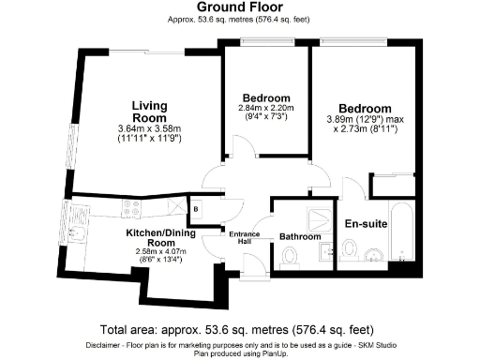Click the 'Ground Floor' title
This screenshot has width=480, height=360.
coord(239,7)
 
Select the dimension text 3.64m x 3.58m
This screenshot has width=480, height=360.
coord(148,128)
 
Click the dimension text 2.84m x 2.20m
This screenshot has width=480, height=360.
coord(265,108)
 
